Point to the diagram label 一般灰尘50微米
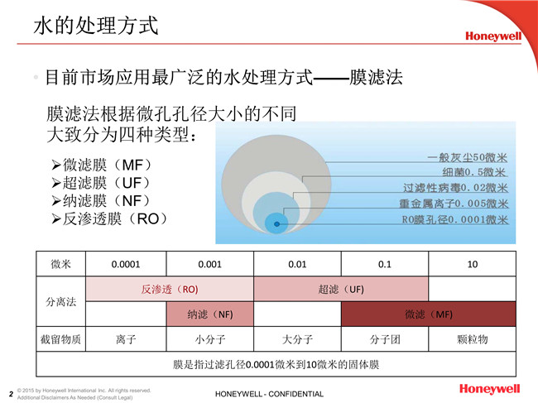tap(468, 157)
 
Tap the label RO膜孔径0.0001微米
tap(455, 219)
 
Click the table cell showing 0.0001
tap(126, 264)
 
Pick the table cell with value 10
tap(471, 264)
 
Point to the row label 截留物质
tap(61, 339)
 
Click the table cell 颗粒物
tap(471, 339)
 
